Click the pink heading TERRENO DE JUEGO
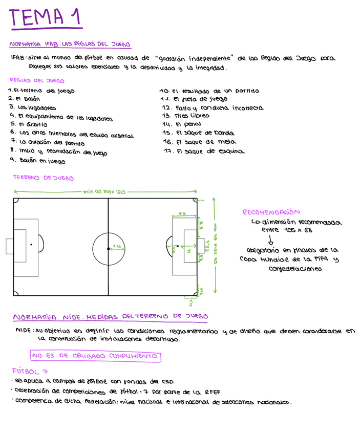click(43, 178)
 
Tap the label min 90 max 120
click(104, 191)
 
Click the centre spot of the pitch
click(109, 248)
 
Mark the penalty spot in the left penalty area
click(31, 245)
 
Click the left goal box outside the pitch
click(9, 246)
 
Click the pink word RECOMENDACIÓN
click(271, 212)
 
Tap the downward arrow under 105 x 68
click(271, 240)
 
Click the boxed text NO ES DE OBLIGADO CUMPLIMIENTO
click(95, 356)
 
